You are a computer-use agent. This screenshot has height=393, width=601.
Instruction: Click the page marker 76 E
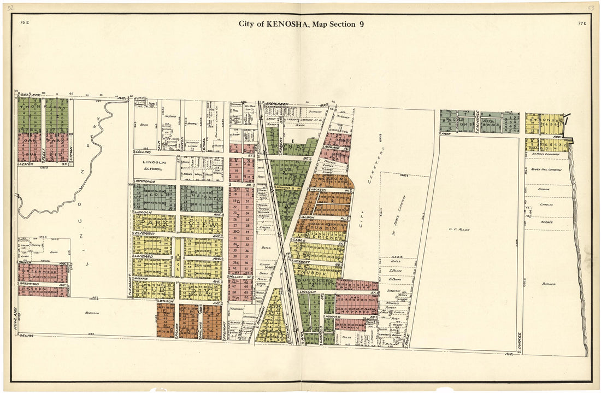click(23, 23)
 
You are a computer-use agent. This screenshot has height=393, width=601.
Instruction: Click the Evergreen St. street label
click(290, 102)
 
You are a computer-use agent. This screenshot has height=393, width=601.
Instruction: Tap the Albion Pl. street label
click(309, 217)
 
